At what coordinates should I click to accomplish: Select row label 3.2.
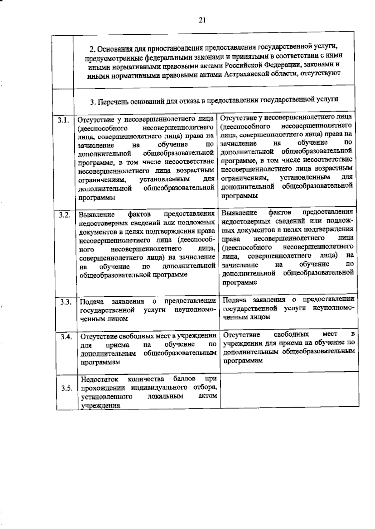point(65,215)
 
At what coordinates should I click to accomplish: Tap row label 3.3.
point(66,302)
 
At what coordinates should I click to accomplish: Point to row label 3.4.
point(67,337)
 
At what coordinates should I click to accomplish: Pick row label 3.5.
point(67,388)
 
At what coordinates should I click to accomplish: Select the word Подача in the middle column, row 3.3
point(92,302)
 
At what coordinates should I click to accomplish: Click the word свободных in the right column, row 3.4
point(291,334)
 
